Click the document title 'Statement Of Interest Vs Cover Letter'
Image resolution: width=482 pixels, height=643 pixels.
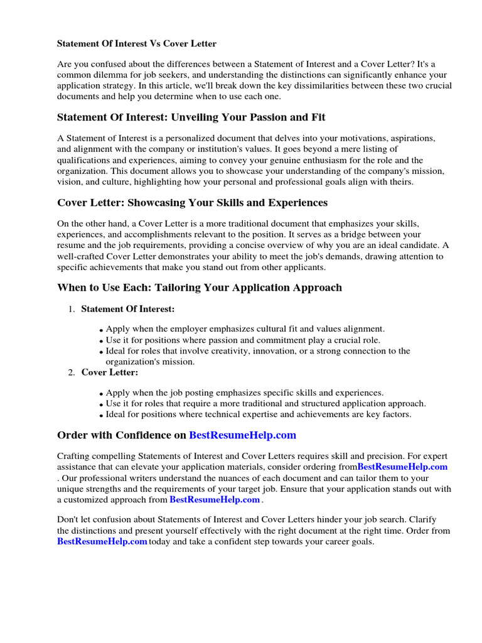point(137,44)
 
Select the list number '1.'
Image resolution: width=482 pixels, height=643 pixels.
point(72,309)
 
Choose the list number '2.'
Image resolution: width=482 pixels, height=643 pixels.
point(72,372)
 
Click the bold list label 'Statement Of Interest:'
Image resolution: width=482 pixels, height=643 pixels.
point(128,309)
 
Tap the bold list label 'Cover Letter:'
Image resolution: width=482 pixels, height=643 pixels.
point(110,372)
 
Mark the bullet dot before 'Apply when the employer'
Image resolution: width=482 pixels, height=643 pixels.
point(101,330)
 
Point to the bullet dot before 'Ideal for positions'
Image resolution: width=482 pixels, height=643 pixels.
point(101,416)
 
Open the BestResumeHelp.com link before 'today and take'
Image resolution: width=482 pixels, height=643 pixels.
point(102,541)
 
